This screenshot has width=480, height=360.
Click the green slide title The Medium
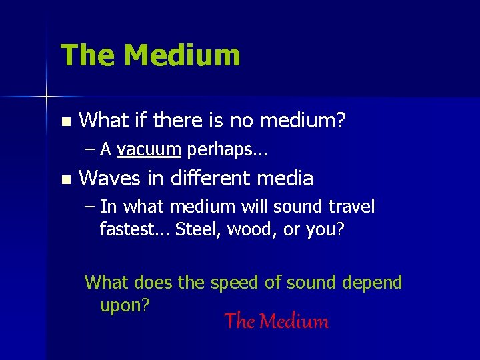pyautogui.click(x=150, y=55)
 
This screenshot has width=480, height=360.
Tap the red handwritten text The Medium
pyautogui.click(x=277, y=321)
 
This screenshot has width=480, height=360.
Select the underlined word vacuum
pyautogui.click(x=149, y=149)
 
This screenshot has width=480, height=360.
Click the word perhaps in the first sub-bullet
pyautogui.click(x=226, y=150)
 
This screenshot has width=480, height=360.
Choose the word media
pyautogui.click(x=290, y=179)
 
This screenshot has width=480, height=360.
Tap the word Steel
pyautogui.click(x=199, y=229)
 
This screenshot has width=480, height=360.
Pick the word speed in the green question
pyautogui.click(x=235, y=283)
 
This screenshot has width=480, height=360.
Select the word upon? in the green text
pyautogui.click(x=125, y=305)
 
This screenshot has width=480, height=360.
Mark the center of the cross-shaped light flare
pyautogui.click(x=47, y=97)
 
